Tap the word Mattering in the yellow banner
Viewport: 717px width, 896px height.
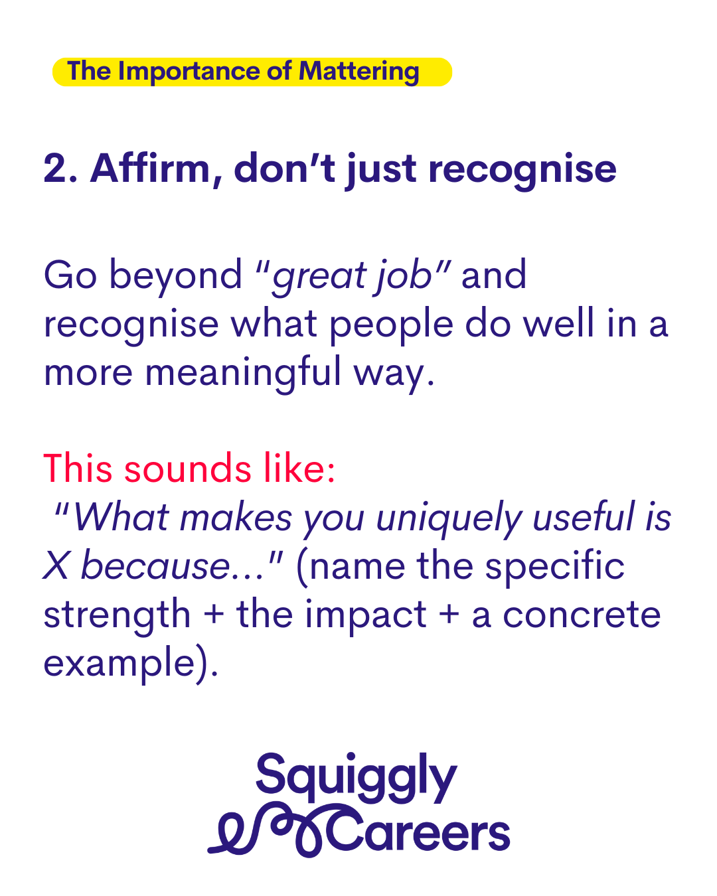(x=358, y=72)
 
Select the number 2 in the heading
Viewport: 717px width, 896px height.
(x=55, y=168)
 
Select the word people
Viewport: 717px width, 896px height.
(x=391, y=325)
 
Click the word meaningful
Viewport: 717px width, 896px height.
(x=243, y=372)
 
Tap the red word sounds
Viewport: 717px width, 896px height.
(x=188, y=469)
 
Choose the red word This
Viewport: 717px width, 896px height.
(x=78, y=469)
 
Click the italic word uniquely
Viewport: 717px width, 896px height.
(x=448, y=518)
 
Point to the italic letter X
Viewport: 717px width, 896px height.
(x=55, y=565)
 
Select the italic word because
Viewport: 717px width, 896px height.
(x=155, y=565)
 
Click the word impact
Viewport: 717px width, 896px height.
(x=365, y=615)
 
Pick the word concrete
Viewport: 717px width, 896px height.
(x=582, y=615)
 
